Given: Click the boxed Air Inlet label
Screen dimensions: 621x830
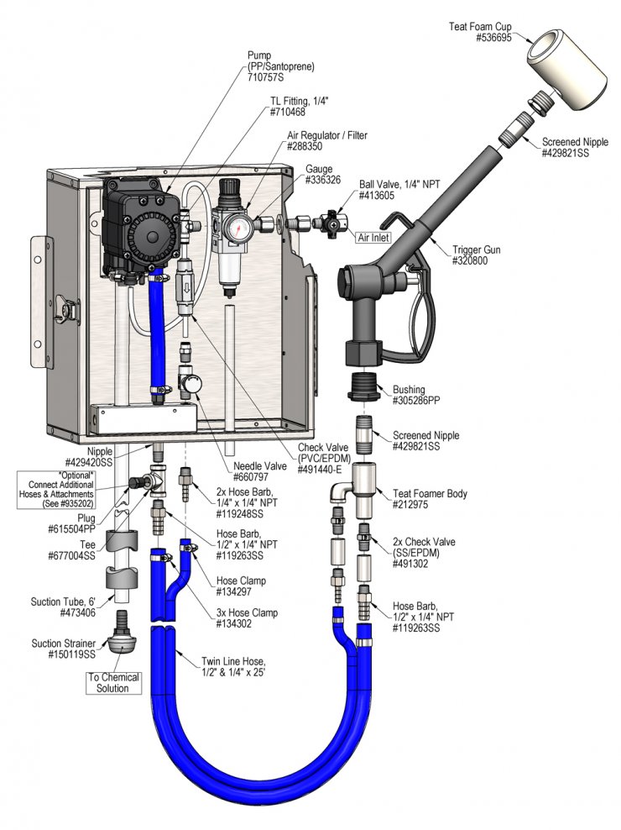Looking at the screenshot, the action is coord(373,238).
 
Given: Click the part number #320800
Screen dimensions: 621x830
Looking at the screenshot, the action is coord(470,260).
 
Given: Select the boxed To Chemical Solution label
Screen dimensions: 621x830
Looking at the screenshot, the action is coord(112,683).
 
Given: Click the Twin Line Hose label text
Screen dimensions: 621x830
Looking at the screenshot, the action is coord(233,667).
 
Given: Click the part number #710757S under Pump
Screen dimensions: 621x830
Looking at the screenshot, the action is coord(265,77).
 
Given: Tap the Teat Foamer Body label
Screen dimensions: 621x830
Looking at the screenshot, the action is coord(430,499).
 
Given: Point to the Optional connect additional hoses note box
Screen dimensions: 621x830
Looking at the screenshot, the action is coord(56,489).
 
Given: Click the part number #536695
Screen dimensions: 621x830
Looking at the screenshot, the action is coord(493,38).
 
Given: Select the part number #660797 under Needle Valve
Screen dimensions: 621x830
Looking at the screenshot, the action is coord(251,476).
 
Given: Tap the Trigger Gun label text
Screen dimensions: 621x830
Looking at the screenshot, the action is coord(476,250).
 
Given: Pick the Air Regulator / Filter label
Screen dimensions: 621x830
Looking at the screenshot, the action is coord(327,140).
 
